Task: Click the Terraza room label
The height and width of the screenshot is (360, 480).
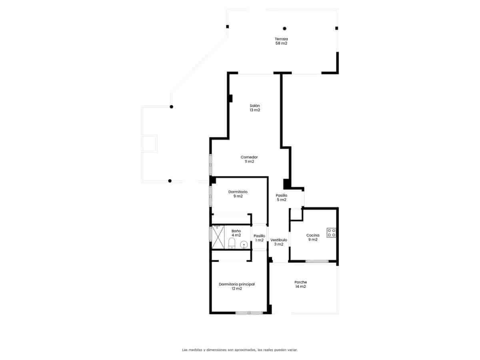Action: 281,41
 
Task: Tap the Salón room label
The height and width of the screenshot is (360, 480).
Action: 255,108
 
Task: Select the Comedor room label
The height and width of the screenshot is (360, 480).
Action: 249,159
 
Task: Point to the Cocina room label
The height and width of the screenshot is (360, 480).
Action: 313,237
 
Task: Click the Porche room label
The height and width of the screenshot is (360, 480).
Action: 300,284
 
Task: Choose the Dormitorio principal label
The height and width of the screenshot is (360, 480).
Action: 237,286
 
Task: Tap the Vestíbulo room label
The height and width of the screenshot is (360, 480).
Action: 278,242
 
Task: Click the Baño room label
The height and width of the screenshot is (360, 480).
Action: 236,233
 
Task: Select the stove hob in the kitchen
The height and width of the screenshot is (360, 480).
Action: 331,232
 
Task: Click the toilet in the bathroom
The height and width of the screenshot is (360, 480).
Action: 232,243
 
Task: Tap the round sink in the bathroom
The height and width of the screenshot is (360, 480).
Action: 244,244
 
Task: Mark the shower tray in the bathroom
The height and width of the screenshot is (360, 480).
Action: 218,237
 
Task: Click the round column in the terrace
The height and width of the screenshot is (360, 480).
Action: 284,28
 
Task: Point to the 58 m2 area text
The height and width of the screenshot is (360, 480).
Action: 281,43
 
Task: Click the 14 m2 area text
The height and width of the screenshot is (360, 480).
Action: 300,286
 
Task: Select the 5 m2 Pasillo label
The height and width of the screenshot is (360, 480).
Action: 281,198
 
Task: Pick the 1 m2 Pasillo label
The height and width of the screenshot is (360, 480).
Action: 259,238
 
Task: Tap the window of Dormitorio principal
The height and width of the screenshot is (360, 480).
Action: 249,313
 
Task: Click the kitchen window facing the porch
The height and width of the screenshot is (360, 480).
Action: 317,261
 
